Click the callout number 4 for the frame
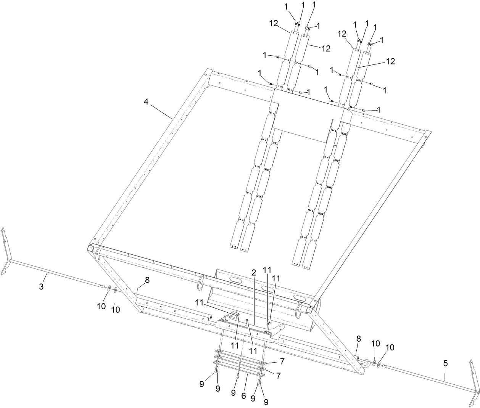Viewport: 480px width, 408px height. point(147,102)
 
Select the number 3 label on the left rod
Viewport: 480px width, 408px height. point(42,286)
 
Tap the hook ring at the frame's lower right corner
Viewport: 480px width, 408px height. point(366,363)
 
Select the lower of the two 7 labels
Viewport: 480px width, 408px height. point(279,376)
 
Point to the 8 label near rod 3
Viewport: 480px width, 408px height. point(147,279)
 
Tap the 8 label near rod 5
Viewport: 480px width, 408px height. point(358,338)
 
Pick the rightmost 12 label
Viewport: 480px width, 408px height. point(390,61)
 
